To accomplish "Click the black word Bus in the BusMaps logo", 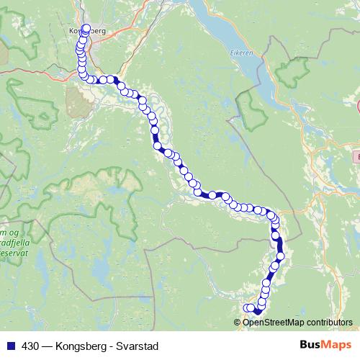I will pyautogui.click(x=310, y=346).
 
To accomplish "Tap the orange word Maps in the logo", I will pyautogui.click(x=335, y=346).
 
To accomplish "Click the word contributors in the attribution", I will pyautogui.click(x=330, y=323).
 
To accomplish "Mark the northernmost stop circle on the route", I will pyautogui.click(x=86, y=29).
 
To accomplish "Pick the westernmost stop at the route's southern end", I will pyautogui.click(x=248, y=308).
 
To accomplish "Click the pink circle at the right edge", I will pyautogui.click(x=358, y=107).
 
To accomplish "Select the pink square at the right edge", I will pyautogui.click(x=357, y=156).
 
